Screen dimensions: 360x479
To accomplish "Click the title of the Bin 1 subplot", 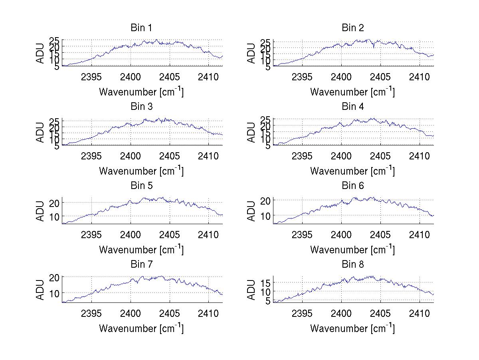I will pos(141,28).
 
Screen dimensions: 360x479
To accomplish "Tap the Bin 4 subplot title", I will pos(352,107).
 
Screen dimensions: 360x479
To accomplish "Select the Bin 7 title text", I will pos(141,265).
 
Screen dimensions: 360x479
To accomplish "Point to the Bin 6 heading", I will pos(352,186).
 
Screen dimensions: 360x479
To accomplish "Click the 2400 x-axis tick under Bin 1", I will pos(131,77).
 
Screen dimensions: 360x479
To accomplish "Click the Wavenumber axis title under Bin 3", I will pos(141,171).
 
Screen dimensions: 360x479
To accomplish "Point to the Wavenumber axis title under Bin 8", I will pos(352,328).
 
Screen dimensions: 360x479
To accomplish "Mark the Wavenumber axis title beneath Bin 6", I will pos(352,250).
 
